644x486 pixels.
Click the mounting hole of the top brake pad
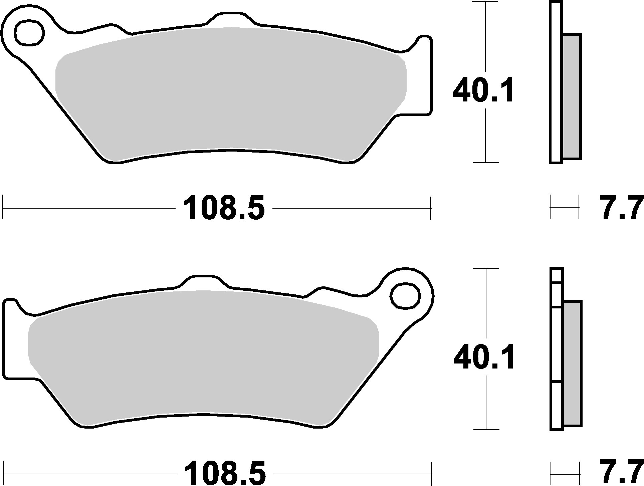click(29, 32)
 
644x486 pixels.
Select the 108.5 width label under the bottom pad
click(225, 473)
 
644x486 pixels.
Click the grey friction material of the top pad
click(230, 93)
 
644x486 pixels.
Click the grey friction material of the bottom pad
click(204, 357)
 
